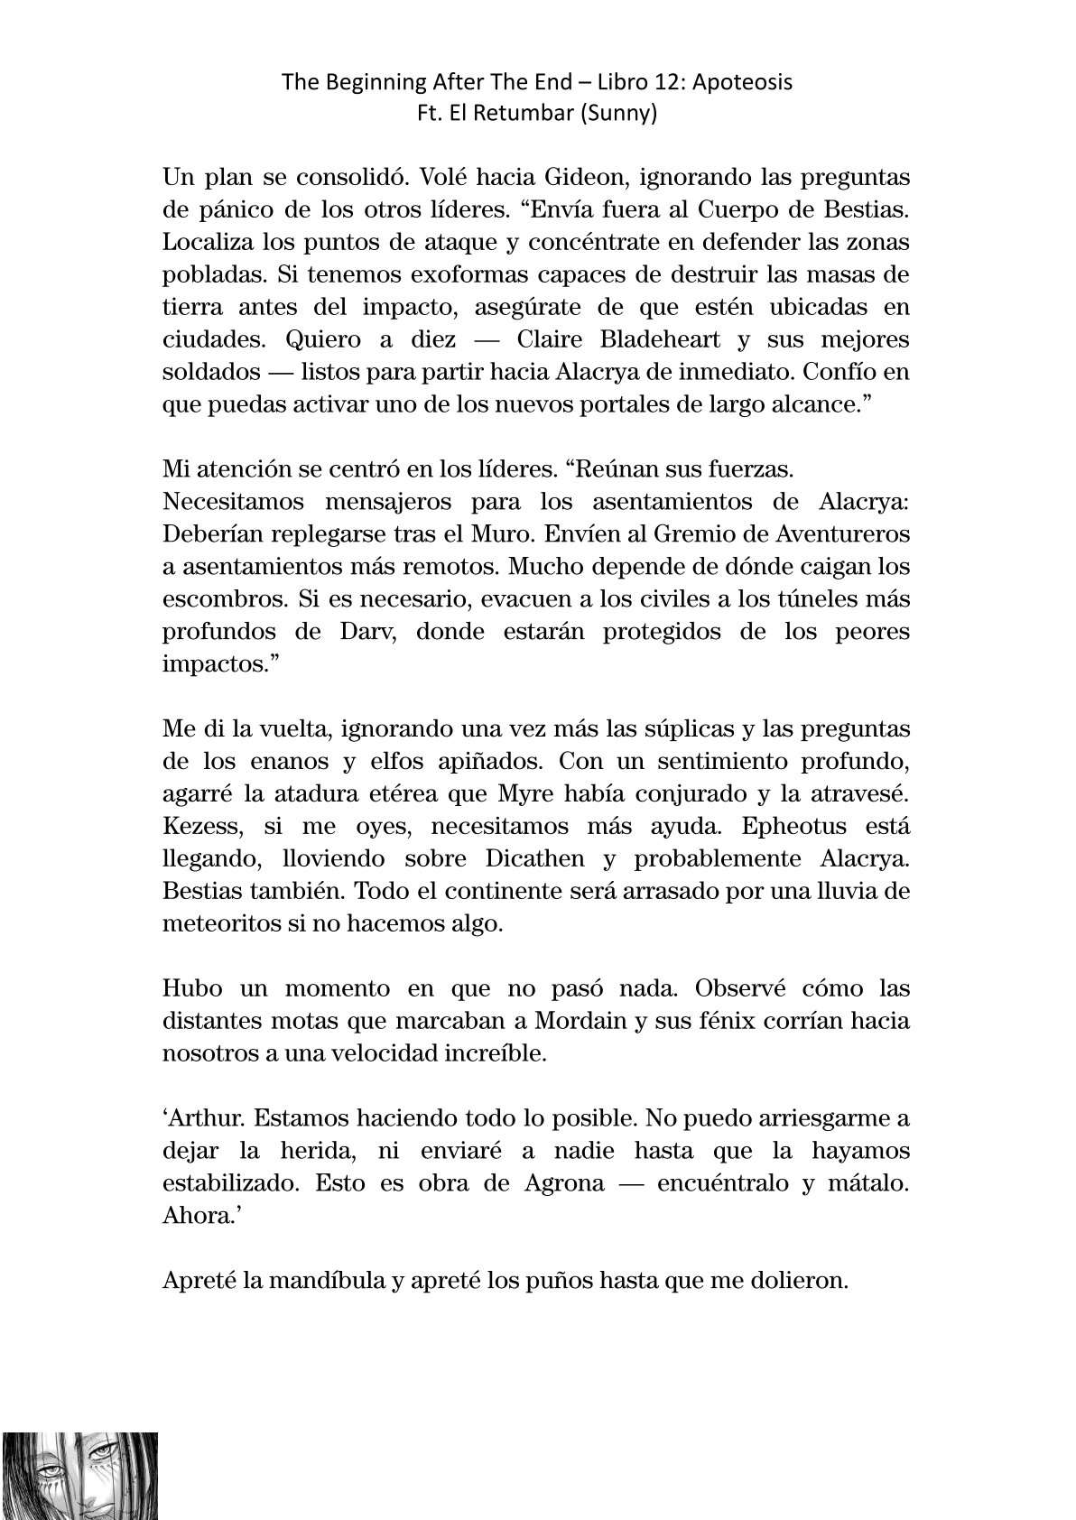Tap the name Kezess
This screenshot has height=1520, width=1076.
(200, 826)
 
